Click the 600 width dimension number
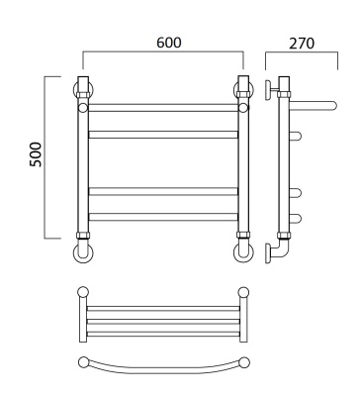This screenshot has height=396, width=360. tap(169, 43)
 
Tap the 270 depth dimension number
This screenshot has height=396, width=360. tap(302, 44)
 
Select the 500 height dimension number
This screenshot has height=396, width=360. tap(36, 154)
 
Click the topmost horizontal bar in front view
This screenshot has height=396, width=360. tap(163, 108)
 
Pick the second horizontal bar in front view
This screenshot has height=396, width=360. tap(163, 135)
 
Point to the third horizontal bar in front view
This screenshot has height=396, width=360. tap(163, 191)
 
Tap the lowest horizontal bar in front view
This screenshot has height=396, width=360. tap(163, 217)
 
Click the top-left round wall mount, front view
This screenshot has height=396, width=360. tap(75, 89)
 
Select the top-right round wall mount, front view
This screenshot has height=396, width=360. tap(251, 89)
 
